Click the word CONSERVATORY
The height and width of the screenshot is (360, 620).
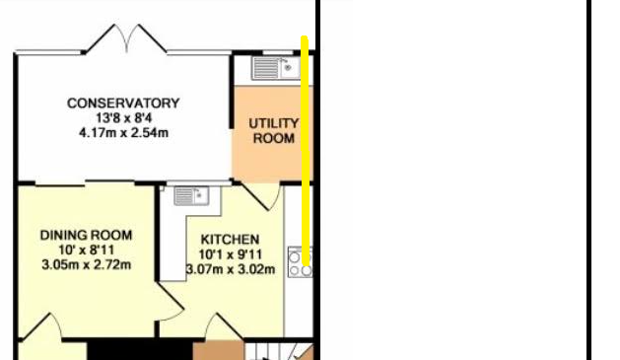pos(123,104)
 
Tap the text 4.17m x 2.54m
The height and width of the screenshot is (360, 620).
pos(124,132)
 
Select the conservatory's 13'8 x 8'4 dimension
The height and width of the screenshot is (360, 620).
pos(124,118)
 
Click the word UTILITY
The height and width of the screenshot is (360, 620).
pos(274,123)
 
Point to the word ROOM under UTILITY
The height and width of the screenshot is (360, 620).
pos(274,138)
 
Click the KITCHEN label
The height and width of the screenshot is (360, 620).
pos(230,240)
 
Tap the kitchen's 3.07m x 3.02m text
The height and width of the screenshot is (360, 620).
pos(231,269)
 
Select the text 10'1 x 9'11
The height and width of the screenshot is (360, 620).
pos(231,254)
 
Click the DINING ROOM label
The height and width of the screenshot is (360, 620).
pos(86,236)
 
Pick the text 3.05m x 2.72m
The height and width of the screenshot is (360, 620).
pos(86,264)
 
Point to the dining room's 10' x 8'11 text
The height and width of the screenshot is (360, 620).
pos(86,250)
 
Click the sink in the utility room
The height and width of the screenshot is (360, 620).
pos(276,68)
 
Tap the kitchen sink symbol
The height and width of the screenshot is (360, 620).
pos(192,196)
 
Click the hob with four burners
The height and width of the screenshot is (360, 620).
pos(300,262)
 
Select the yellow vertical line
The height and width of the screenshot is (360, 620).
pos(305,150)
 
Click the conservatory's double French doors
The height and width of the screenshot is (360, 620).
pos(126,38)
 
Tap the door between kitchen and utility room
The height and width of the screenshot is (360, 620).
pos(261,196)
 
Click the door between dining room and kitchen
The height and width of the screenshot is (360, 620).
pos(171,301)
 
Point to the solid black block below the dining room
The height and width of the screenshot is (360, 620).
pos(140,350)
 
